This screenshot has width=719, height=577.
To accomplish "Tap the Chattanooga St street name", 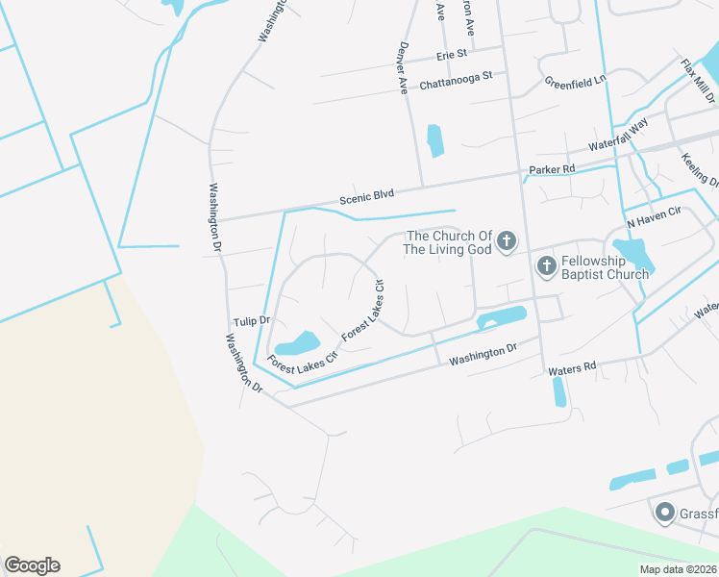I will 456,80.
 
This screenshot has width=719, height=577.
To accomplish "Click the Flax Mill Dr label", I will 699,81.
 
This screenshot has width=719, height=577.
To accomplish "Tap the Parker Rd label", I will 551,170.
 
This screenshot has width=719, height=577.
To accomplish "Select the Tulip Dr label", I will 251,319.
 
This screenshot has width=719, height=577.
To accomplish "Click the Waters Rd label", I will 572,367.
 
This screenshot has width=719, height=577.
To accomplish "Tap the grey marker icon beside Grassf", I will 663,514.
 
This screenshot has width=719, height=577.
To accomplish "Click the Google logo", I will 32,565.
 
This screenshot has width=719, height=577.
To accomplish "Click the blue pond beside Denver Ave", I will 434,140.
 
